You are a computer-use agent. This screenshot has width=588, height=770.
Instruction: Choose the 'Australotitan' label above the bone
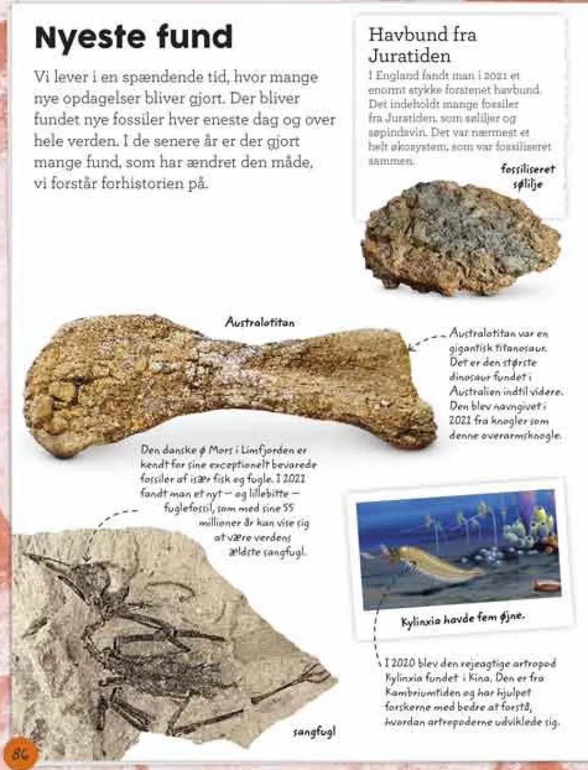pyautogui.click(x=259, y=322)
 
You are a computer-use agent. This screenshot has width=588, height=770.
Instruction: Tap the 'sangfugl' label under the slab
pyautogui.click(x=314, y=732)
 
